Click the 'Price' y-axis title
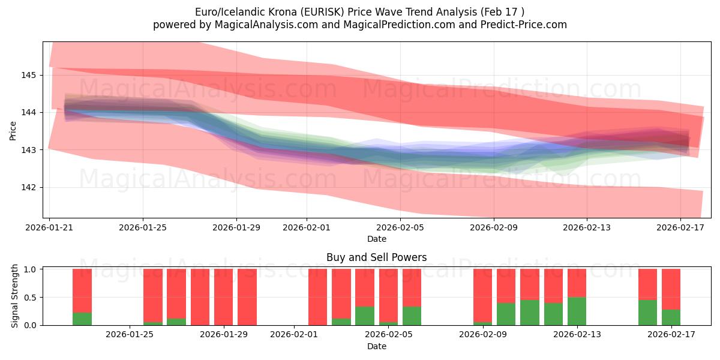point(13,130)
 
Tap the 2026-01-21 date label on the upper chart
point(49,228)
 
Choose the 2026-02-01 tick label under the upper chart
point(307,228)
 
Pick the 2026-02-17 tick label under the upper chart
point(680,228)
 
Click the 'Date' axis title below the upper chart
point(377,239)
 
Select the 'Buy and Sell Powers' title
point(377,257)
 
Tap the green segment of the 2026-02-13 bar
point(577,311)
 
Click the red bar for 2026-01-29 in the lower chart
point(223,297)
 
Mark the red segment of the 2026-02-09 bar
point(482,295)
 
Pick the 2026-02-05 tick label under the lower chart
point(388,335)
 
